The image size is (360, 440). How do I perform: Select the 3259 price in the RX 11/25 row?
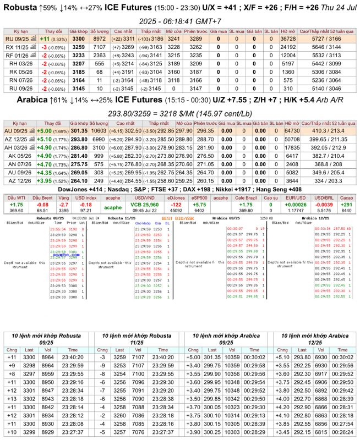78,47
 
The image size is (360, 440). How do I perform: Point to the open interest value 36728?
288,39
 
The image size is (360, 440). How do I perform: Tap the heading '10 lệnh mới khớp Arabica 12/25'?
315,338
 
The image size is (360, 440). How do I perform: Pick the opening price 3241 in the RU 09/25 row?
172,39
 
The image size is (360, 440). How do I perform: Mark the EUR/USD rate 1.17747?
297,210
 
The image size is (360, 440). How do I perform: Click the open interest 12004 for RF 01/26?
288,56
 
